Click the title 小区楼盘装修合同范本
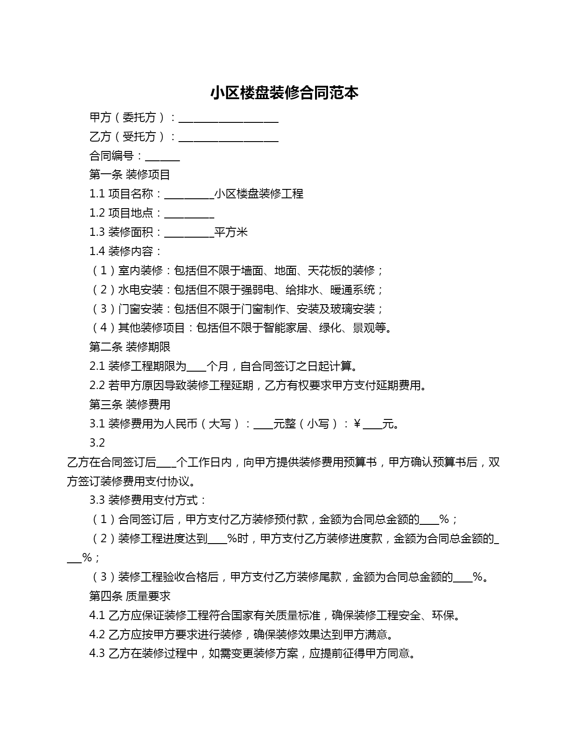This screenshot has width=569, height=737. (284, 93)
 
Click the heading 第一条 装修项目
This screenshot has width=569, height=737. (129, 175)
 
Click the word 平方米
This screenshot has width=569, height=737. (231, 232)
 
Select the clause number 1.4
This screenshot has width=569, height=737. (97, 251)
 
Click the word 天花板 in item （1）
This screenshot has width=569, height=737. (324, 271)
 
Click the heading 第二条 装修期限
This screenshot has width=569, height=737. (129, 347)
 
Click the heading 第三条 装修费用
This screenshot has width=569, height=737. (129, 405)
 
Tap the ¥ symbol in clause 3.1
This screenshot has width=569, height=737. (357, 424)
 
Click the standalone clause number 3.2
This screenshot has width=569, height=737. (97, 443)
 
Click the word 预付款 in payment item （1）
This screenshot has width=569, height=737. (291, 519)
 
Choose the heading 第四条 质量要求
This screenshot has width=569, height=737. (129, 596)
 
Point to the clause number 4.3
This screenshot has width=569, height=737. (97, 654)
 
